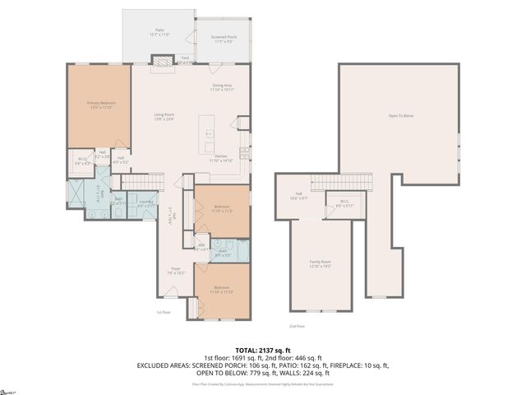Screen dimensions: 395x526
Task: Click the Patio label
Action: pyautogui.click(x=159, y=33)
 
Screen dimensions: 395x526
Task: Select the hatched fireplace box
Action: pyautogui.click(x=164, y=60)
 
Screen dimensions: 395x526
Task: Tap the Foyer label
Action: pyautogui.click(x=176, y=269)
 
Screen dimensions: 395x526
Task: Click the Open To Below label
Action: pyautogui.click(x=400, y=115)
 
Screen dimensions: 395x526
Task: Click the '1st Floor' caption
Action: pyautogui.click(x=163, y=312)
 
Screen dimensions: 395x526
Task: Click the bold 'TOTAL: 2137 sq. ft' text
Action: pyautogui.click(x=262, y=349)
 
